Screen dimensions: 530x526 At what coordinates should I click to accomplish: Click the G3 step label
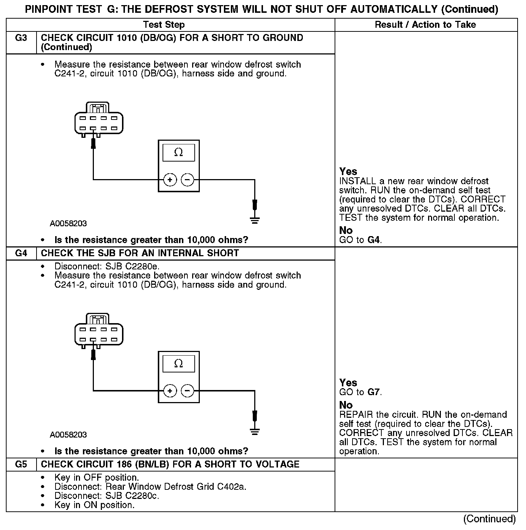click(21, 38)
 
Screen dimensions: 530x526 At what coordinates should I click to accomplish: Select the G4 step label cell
click(21, 253)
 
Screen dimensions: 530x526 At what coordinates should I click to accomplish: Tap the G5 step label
click(21, 465)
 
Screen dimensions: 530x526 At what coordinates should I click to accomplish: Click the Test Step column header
click(164, 25)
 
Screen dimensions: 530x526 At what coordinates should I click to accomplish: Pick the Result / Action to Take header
click(426, 25)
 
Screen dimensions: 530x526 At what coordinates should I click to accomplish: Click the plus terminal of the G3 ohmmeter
click(170, 179)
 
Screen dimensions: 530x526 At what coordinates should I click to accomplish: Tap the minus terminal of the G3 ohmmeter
click(187, 179)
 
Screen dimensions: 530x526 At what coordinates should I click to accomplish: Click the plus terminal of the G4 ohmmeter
click(170, 391)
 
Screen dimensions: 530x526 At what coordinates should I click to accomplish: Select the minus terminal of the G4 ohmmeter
click(187, 391)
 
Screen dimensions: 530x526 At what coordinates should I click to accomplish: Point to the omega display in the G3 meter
click(179, 152)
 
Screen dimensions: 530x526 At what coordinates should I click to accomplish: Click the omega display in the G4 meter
click(179, 364)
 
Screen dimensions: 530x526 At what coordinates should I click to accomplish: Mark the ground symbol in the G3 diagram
click(255, 220)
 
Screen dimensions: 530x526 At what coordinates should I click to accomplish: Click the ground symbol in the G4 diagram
click(255, 431)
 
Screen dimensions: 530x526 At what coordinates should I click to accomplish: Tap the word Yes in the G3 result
click(348, 171)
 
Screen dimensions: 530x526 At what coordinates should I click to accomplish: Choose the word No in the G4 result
click(346, 405)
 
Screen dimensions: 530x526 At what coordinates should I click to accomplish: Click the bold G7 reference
click(374, 393)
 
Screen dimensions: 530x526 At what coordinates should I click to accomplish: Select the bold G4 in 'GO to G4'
click(374, 240)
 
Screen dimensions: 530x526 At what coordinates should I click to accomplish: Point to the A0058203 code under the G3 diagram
click(68, 223)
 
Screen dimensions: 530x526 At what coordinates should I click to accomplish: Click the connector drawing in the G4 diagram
click(99, 331)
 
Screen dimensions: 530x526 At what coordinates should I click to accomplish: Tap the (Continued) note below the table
click(489, 519)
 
